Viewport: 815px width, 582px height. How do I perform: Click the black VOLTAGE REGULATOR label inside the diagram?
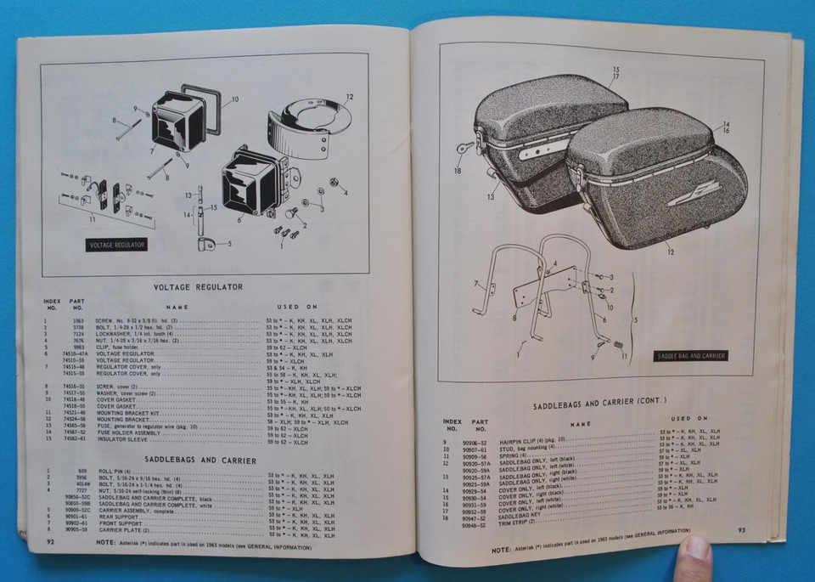116,245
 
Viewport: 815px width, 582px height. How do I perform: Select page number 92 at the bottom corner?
50,539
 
